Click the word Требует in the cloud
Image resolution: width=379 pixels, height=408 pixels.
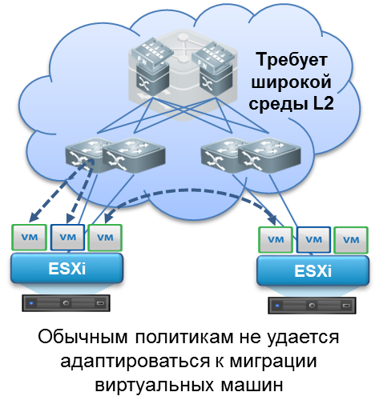(x=292, y=59)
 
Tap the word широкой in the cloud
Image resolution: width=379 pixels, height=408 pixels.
(x=292, y=82)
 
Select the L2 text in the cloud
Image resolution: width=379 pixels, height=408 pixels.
(x=324, y=103)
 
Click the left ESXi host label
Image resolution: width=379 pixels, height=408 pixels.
(x=67, y=268)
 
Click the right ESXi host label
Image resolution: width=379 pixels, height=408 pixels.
(x=312, y=270)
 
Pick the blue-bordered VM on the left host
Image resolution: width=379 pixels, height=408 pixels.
(x=67, y=238)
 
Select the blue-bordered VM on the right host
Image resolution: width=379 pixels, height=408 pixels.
(x=313, y=240)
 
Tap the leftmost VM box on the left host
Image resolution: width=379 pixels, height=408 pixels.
(x=29, y=238)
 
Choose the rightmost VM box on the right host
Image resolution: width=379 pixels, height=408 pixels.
(x=351, y=240)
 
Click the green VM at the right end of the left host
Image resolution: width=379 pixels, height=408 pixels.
(x=105, y=238)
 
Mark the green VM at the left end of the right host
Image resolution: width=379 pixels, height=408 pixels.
(x=276, y=240)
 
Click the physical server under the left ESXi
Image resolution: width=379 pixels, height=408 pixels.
(x=66, y=303)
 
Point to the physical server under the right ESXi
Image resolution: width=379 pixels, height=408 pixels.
(x=312, y=306)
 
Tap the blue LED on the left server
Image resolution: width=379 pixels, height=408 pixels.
(x=31, y=303)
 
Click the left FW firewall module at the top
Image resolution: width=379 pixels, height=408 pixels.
(x=151, y=54)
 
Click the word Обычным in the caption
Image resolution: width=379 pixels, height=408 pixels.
(x=83, y=338)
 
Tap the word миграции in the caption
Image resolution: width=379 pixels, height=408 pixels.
(x=273, y=362)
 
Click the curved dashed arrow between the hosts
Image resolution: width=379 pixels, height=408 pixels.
(x=190, y=191)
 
